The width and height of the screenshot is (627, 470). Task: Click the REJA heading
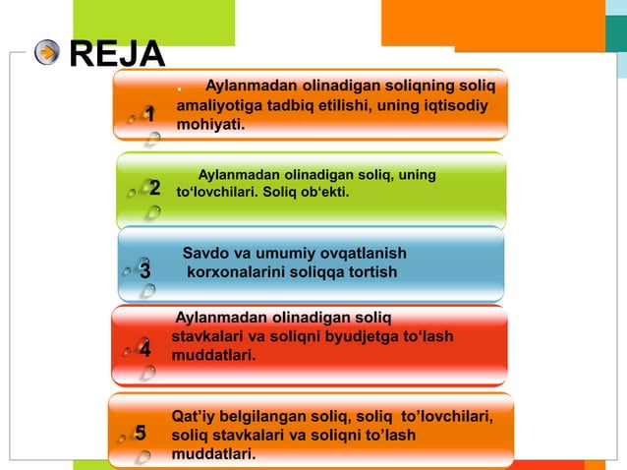tap(117, 54)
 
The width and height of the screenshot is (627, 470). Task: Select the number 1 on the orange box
tap(150, 115)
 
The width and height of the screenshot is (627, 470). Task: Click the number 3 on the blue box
tap(144, 269)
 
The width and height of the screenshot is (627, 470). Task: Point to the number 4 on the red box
tap(144, 349)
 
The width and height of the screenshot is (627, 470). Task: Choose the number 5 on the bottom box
tap(141, 434)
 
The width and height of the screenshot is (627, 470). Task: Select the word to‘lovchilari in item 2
tap(215, 193)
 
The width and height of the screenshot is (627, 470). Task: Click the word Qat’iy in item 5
tap(193, 417)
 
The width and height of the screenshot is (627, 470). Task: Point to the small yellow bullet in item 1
tap(179, 91)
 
